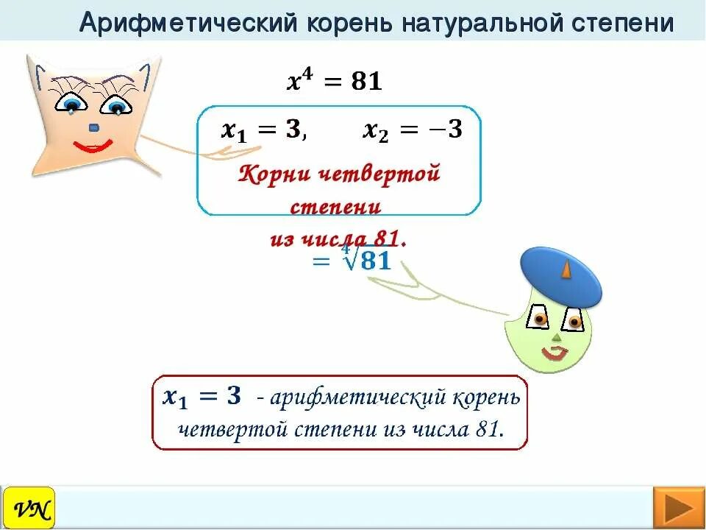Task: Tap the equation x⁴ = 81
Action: point(334,81)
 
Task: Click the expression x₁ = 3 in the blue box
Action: point(261,130)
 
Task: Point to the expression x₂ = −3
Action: point(413,130)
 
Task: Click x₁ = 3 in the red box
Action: point(202,397)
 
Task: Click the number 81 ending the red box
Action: point(488,428)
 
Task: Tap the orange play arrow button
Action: point(674,508)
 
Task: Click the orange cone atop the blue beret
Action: point(566,270)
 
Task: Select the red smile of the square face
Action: point(93,147)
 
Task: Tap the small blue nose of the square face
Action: point(93,128)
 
